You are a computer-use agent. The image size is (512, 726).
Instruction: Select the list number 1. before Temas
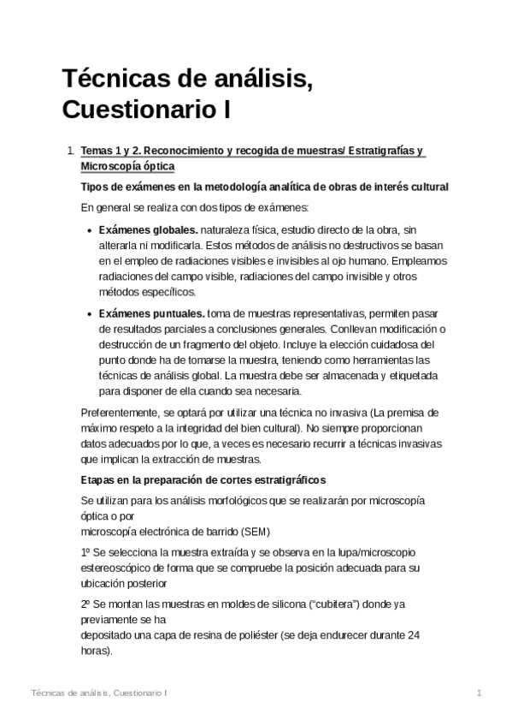click(x=70, y=151)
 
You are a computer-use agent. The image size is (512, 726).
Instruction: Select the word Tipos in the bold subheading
click(x=94, y=187)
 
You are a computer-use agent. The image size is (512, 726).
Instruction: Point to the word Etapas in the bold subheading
click(x=97, y=479)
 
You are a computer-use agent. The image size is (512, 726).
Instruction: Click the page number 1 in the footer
click(x=480, y=693)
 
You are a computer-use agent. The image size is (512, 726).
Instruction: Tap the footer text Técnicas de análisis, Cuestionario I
click(x=97, y=693)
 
